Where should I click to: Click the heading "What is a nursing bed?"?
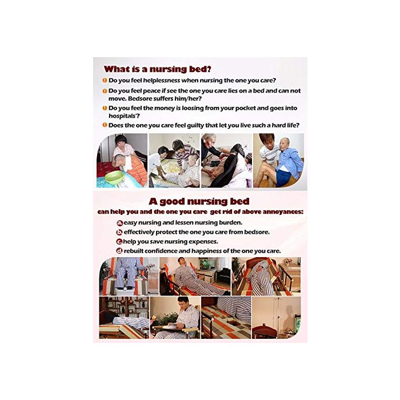pos(157,69)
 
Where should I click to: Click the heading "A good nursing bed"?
pos(199,201)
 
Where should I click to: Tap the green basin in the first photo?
pos(114,177)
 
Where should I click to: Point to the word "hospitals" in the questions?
pos(122,116)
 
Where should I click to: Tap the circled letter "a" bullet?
pos(119,223)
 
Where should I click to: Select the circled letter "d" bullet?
pos(119,251)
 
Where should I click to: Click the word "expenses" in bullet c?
pos(203,242)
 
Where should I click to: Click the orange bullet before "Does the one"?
pos(105,125)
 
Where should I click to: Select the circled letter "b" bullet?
pos(119,233)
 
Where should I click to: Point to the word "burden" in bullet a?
pos(231,223)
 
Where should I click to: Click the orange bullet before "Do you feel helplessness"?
pos(105,81)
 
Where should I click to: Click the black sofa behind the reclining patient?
pos(223,275)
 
